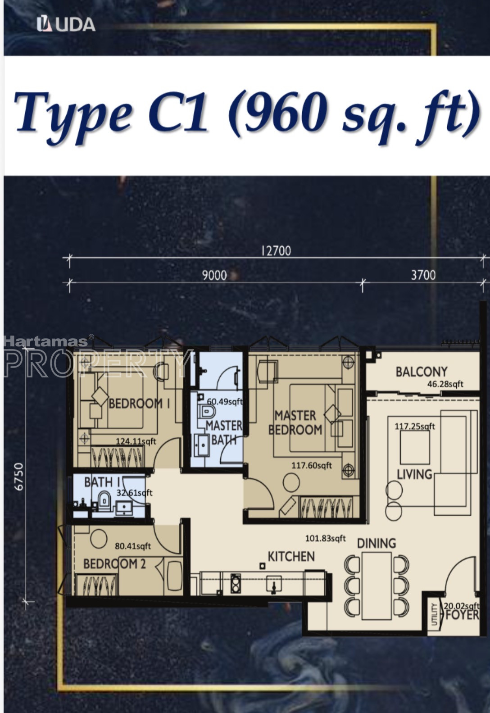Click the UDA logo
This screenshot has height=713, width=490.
(x=66, y=24)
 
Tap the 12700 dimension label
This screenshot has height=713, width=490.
(x=276, y=251)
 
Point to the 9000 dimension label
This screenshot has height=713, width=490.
(x=214, y=275)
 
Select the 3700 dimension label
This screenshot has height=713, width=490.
(x=423, y=275)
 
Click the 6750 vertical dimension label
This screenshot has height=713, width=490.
(x=19, y=477)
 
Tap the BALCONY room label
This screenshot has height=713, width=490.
(x=421, y=372)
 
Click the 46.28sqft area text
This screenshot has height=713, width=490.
(x=445, y=384)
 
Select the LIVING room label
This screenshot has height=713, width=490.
(x=414, y=475)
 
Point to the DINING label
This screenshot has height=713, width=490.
(x=377, y=543)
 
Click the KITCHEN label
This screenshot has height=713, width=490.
(x=291, y=557)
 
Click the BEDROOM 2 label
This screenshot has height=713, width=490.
(x=114, y=564)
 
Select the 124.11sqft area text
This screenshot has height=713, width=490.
(x=136, y=441)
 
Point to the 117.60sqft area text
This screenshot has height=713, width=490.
(x=312, y=466)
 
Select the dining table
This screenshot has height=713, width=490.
(x=377, y=586)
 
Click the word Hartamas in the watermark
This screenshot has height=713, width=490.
(x=46, y=341)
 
